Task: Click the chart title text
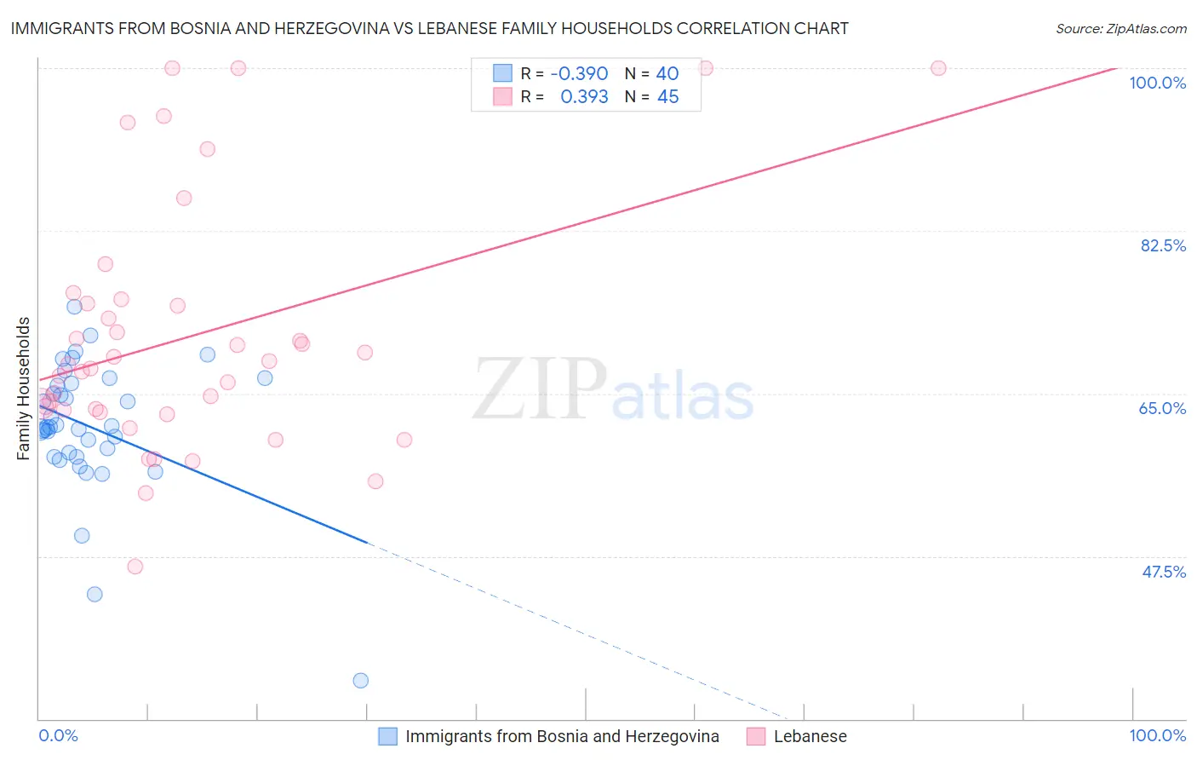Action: [429, 28]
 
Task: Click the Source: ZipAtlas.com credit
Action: [1120, 29]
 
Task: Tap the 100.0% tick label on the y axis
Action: [1157, 83]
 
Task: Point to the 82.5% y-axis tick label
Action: [1163, 245]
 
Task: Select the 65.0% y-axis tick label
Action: [1162, 408]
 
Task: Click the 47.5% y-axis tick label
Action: [1163, 572]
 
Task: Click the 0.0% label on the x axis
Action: [58, 735]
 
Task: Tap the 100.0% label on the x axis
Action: [1157, 735]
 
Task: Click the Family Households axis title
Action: [24, 389]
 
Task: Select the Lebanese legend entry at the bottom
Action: [810, 736]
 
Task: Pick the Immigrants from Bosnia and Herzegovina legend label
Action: [562, 736]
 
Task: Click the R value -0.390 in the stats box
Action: [579, 74]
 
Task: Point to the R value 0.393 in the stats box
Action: [584, 97]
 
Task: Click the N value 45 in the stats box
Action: [667, 97]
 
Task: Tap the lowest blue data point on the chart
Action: [361, 680]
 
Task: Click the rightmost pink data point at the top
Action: [938, 68]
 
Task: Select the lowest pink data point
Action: [135, 567]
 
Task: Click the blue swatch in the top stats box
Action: [503, 74]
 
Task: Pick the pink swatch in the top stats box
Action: [503, 97]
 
